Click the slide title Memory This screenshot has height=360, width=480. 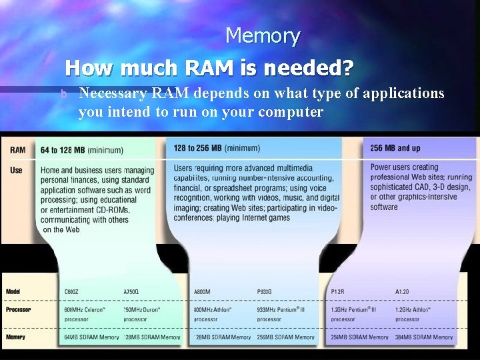coord(263,35)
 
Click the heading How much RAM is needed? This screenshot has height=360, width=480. coord(209,67)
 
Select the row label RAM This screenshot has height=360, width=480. coord(17,149)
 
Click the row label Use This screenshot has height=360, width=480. coord(16,170)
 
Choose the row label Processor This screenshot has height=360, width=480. coord(18,309)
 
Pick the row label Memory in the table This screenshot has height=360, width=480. coord(16,337)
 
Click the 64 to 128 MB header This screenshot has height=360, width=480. coord(81,149)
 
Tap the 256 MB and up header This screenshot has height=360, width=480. coord(395,148)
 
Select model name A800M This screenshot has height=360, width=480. coord(203,292)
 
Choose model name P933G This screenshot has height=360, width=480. coord(266,292)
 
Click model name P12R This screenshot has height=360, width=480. coord(338,292)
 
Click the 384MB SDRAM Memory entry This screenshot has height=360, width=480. coord(424,337)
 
